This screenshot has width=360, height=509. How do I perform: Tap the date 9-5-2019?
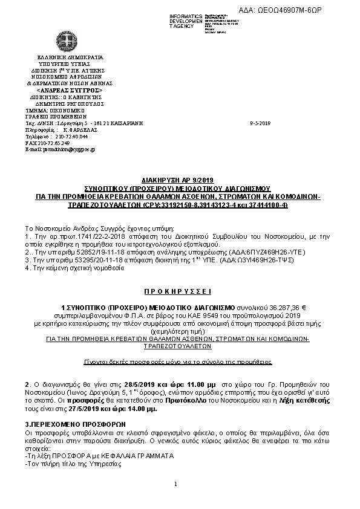coord(260,123)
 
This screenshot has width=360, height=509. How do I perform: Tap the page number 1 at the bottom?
coord(174,484)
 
